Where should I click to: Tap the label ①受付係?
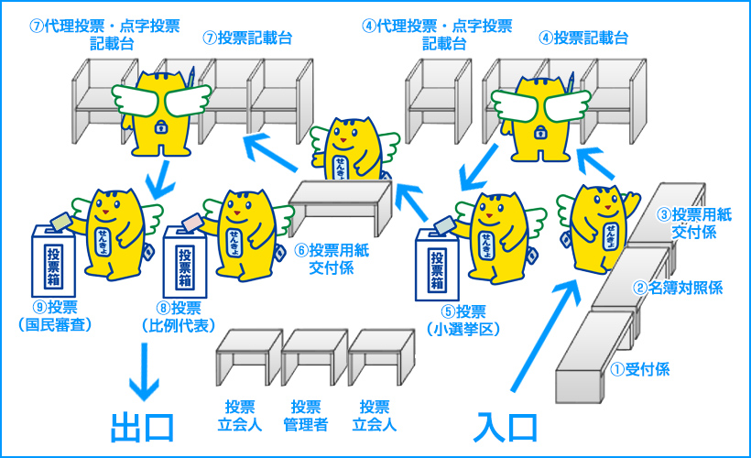(x=641, y=370)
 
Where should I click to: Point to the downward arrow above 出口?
(x=143, y=371)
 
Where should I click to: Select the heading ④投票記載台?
(x=583, y=38)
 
